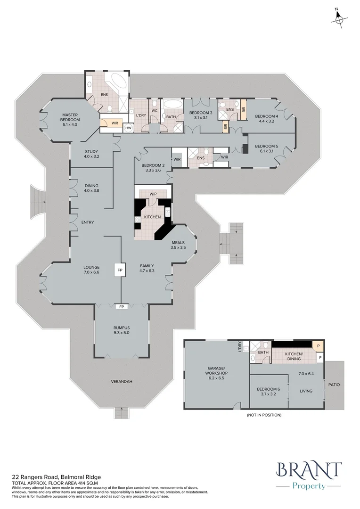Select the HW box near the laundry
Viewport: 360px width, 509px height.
pyautogui.click(x=128, y=128)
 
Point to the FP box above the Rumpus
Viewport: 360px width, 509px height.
pyautogui.click(x=122, y=307)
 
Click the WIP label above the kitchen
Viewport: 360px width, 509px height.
pyautogui.click(x=153, y=193)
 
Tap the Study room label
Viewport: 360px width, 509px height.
pyautogui.click(x=91, y=154)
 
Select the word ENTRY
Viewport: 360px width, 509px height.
pyautogui.click(x=88, y=222)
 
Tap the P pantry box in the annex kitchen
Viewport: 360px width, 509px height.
pyautogui.click(x=319, y=345)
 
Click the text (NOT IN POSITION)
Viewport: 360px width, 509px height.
pyautogui.click(x=263, y=415)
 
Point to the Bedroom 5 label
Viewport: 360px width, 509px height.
pyautogui.click(x=267, y=148)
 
